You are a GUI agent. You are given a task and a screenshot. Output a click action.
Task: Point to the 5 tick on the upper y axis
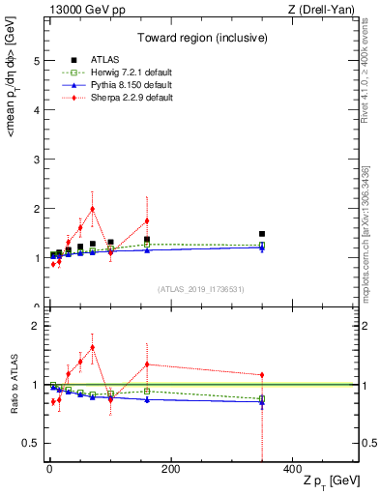pos(36,60)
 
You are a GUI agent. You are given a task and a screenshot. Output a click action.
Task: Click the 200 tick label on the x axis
pos(170,469)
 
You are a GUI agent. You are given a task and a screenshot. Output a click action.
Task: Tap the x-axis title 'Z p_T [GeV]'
pos(328,481)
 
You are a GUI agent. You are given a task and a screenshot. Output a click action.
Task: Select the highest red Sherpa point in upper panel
pos(93,209)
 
